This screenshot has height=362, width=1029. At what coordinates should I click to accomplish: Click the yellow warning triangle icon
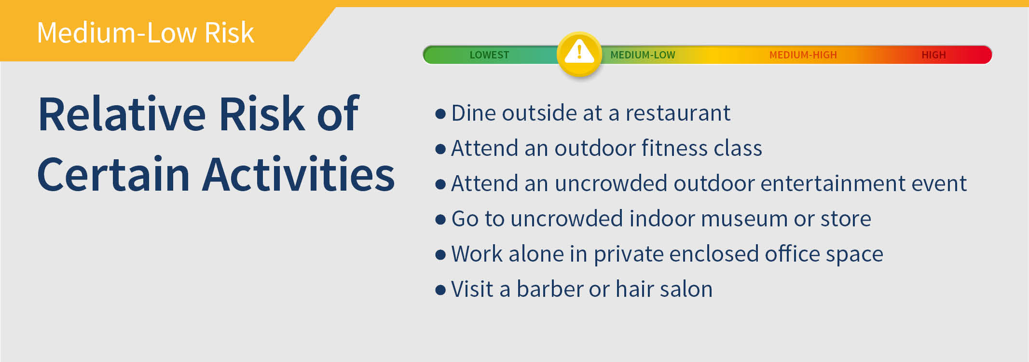point(579,54)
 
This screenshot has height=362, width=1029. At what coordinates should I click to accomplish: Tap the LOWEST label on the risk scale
point(489,55)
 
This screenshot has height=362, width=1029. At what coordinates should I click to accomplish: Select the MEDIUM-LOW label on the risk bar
point(643,55)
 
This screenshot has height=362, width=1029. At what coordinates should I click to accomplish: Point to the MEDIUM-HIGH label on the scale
point(803,55)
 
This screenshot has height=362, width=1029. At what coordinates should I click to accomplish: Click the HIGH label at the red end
point(933,55)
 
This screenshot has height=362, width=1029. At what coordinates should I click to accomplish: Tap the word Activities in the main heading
point(299,174)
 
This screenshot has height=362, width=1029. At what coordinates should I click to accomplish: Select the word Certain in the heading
point(114,174)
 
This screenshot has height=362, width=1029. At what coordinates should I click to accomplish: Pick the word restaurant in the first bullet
point(678,113)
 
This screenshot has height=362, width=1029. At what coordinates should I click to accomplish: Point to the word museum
point(745,219)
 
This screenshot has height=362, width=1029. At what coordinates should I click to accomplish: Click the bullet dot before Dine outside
point(440,114)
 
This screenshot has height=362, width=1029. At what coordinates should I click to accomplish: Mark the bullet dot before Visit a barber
point(440,290)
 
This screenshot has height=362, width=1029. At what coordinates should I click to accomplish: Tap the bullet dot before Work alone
point(440,255)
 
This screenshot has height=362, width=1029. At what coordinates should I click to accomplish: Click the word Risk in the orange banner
point(229,33)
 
